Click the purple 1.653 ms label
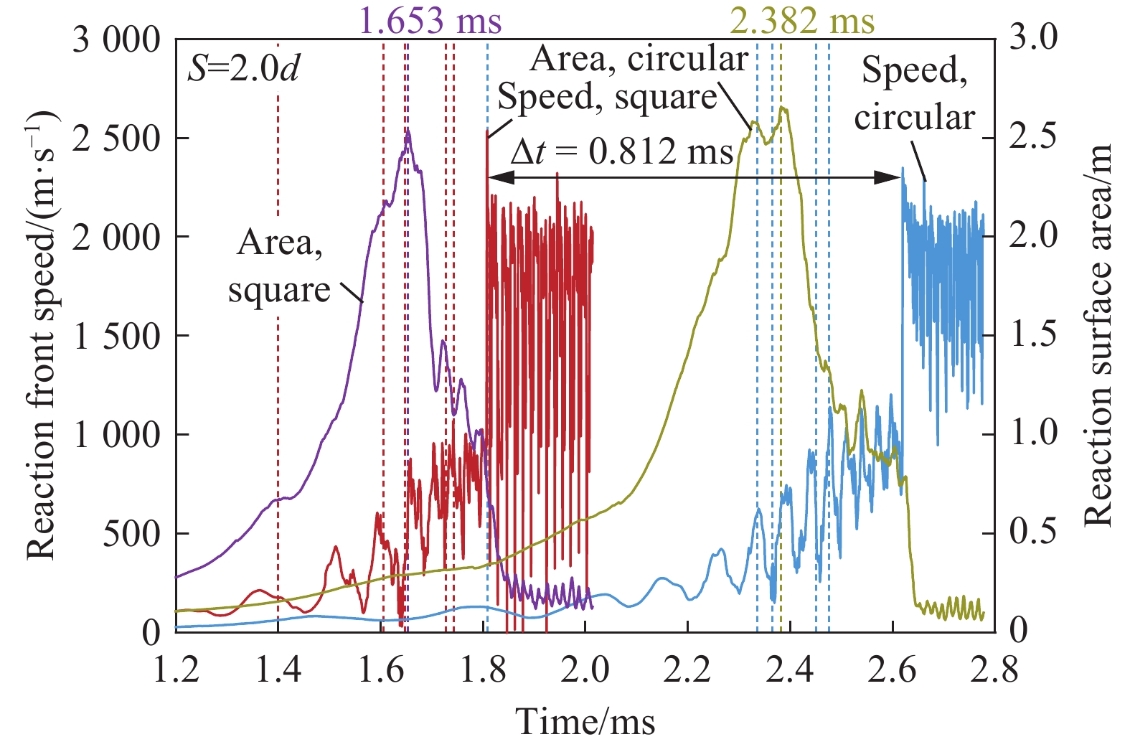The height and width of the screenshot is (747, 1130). tap(430, 20)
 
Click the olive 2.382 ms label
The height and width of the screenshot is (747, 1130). tap(802, 20)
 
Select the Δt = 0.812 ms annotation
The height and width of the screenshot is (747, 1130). tap(621, 151)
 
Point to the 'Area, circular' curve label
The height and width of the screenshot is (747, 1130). tap(639, 59)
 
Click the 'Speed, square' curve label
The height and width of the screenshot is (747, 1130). tap(607, 97)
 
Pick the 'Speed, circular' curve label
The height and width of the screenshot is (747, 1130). tap(914, 93)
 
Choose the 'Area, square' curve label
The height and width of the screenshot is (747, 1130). tap(279, 266)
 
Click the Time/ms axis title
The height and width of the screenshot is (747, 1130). tap(585, 721)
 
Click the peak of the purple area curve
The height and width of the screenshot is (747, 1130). tap(408, 131)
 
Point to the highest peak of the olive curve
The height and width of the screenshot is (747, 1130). tap(783, 108)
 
